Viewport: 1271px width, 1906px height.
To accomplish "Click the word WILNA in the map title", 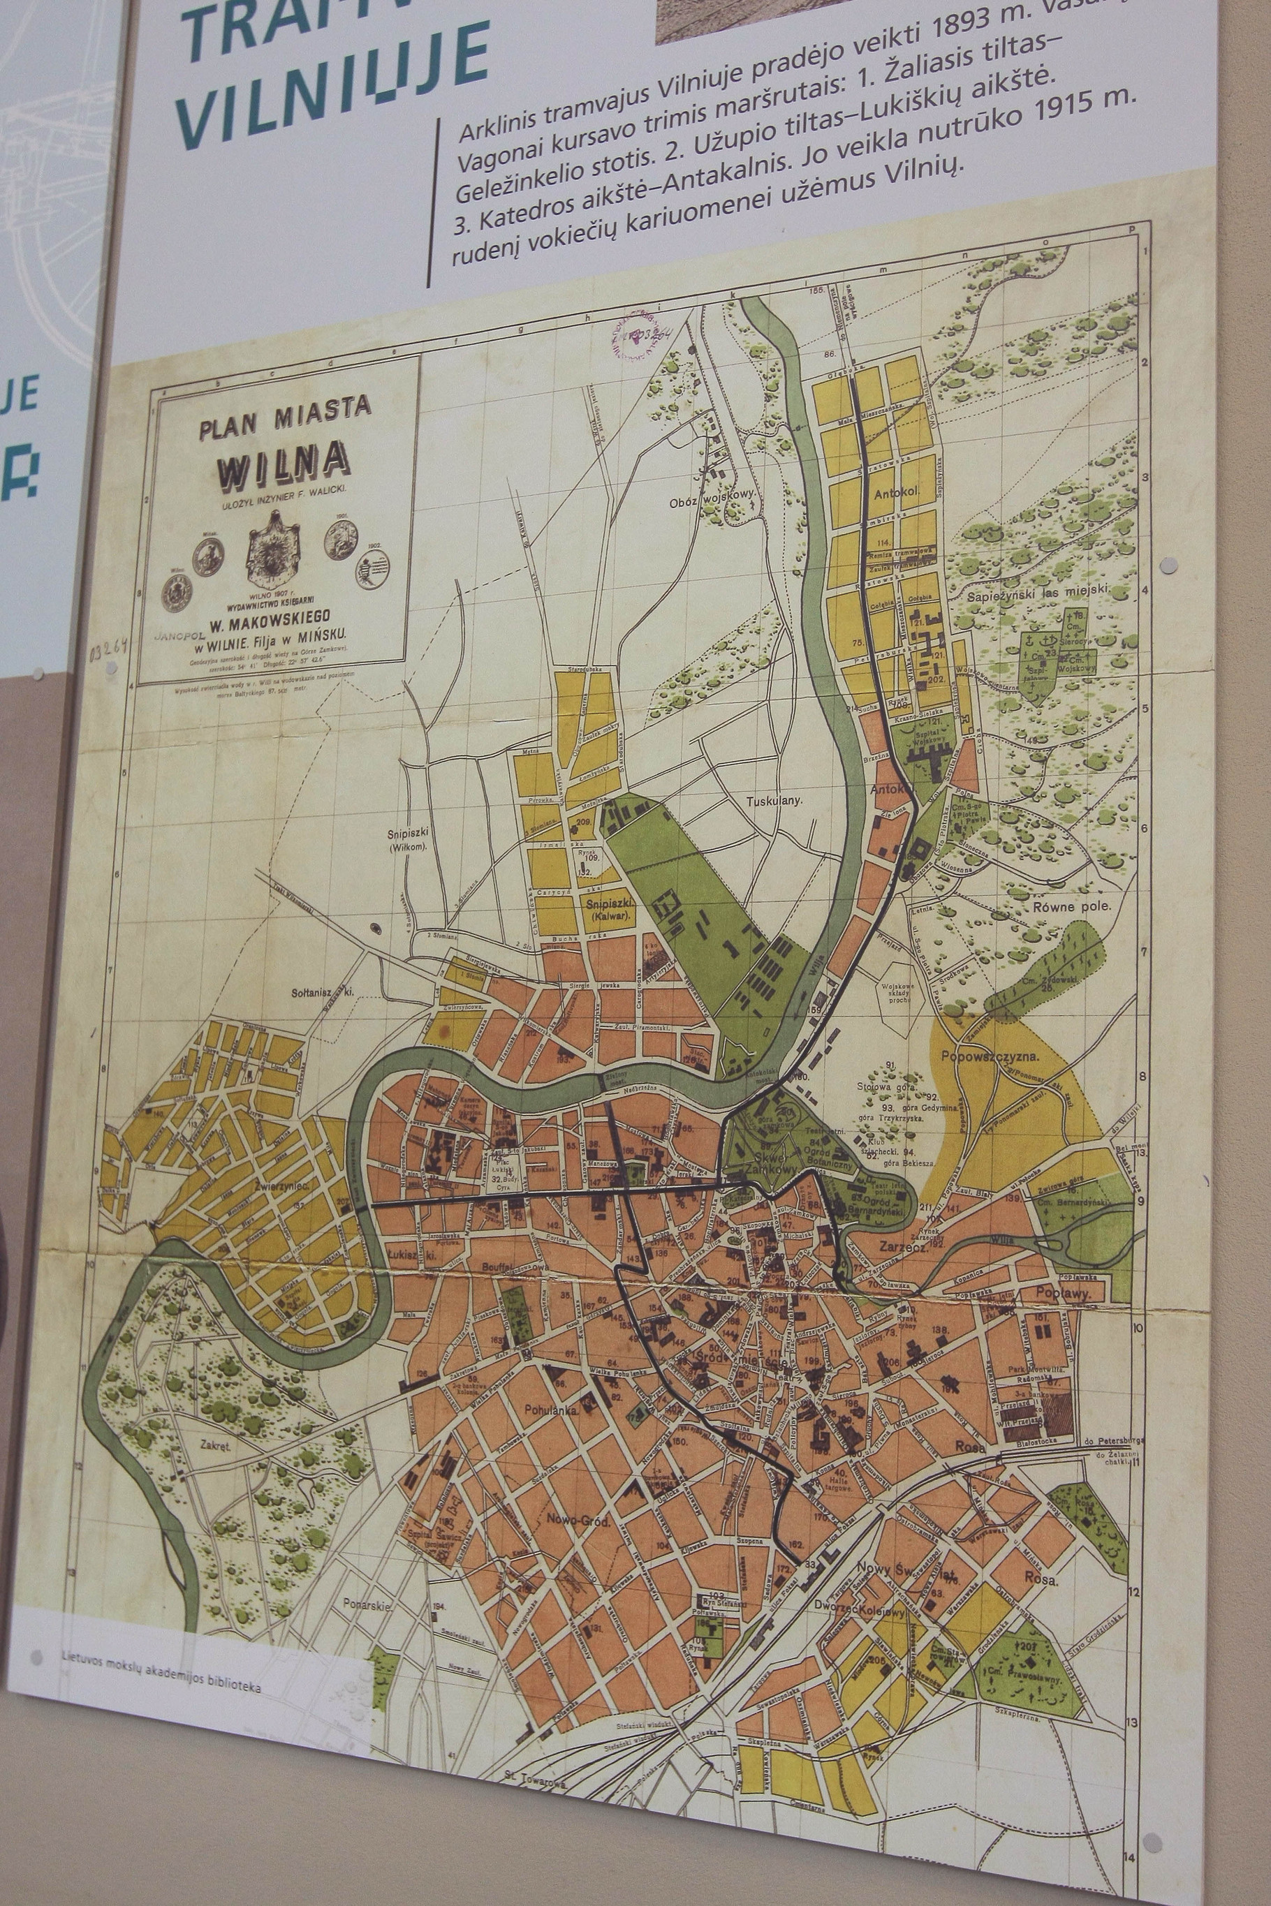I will pos(283,468).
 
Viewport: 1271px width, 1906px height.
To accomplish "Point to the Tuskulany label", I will pos(773,801).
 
